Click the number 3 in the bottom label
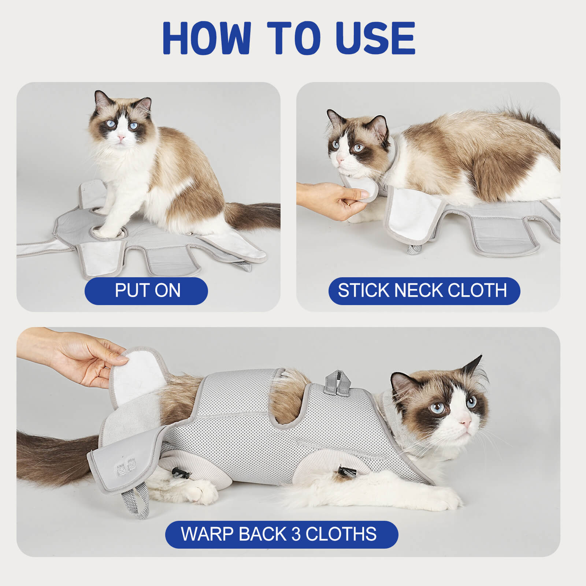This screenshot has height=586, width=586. pyautogui.click(x=296, y=534)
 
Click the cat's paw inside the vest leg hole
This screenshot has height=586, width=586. pyautogui.click(x=106, y=231)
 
